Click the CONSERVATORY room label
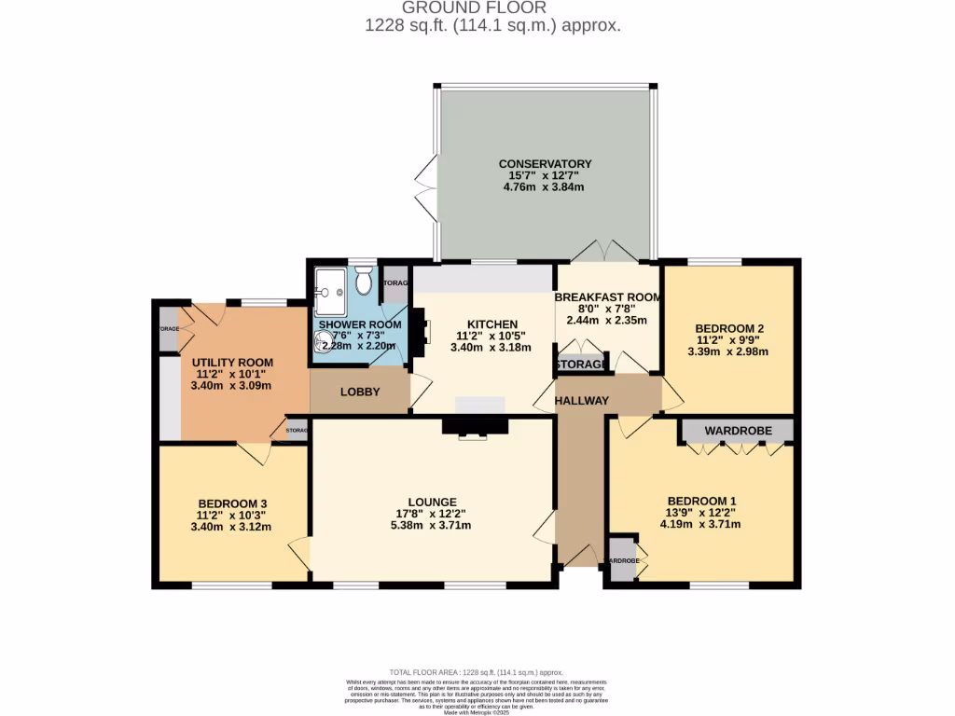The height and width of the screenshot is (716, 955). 545,164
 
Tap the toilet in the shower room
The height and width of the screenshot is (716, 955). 365,279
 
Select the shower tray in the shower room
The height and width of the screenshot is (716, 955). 330,289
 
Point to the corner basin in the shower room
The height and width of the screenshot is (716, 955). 324,344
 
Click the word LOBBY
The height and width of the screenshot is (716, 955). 360,392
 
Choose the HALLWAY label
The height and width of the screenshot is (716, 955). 582,401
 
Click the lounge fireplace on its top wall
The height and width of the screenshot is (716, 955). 476,426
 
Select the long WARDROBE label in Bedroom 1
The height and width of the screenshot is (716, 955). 736,431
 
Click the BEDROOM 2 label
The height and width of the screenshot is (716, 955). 729,328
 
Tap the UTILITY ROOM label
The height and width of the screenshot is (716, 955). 232,363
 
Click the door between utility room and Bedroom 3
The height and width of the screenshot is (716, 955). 254,453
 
